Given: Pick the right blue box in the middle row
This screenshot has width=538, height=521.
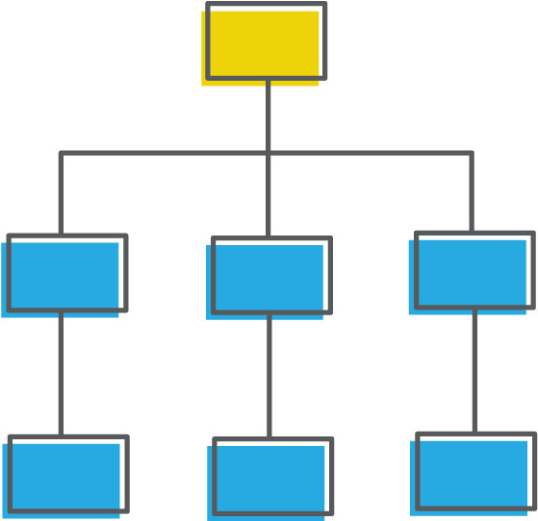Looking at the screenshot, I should [472, 272].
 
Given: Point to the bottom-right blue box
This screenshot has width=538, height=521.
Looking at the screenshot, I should [474, 473].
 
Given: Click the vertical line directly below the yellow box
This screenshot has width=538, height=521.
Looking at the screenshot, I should [268, 115].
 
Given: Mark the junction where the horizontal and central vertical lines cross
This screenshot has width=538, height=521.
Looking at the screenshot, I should [268, 153].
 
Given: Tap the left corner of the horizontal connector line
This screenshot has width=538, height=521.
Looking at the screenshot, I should [61, 153].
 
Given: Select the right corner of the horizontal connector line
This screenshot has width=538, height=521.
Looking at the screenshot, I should [472, 153].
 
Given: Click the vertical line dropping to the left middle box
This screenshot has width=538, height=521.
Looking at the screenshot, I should [61, 192].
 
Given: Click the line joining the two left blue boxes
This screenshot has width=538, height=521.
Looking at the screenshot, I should [61, 373].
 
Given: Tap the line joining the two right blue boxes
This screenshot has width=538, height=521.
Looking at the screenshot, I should [474, 370].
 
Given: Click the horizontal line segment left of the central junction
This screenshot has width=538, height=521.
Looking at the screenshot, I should [164, 153].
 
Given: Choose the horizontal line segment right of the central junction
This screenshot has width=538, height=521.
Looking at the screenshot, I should [371, 153].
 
